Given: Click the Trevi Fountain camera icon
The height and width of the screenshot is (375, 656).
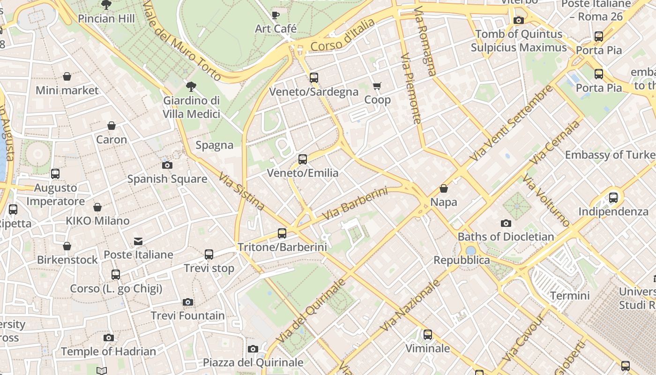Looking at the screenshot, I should (x=188, y=302).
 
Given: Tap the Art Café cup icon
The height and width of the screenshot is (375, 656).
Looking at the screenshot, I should (x=276, y=15).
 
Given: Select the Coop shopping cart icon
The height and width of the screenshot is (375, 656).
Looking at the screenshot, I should (x=377, y=86).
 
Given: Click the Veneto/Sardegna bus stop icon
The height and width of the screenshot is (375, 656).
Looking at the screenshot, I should (x=314, y=78).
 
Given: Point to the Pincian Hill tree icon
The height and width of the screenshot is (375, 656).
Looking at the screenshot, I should (x=106, y=5).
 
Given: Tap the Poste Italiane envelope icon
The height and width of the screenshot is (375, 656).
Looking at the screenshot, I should (x=138, y=241).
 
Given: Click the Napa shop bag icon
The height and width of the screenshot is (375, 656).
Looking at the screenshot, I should (x=443, y=188).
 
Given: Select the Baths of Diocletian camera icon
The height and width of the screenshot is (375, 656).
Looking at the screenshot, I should (x=506, y=223).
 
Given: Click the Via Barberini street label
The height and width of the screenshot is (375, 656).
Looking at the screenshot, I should (x=355, y=204).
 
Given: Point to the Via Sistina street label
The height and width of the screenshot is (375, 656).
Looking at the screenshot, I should (x=241, y=191).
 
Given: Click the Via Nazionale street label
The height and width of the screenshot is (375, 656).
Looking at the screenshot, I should (x=410, y=305).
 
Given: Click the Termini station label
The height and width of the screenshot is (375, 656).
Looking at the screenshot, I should (x=570, y=296).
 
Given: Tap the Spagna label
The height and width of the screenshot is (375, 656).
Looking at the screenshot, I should (x=215, y=145).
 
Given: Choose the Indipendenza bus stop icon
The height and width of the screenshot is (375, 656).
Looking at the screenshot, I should (x=613, y=198).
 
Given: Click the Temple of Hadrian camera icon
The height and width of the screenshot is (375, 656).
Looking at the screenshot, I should (x=109, y=337).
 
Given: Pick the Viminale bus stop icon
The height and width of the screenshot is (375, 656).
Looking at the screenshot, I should (x=428, y=335).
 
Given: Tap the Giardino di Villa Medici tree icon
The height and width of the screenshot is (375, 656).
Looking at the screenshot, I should (x=191, y=86).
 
